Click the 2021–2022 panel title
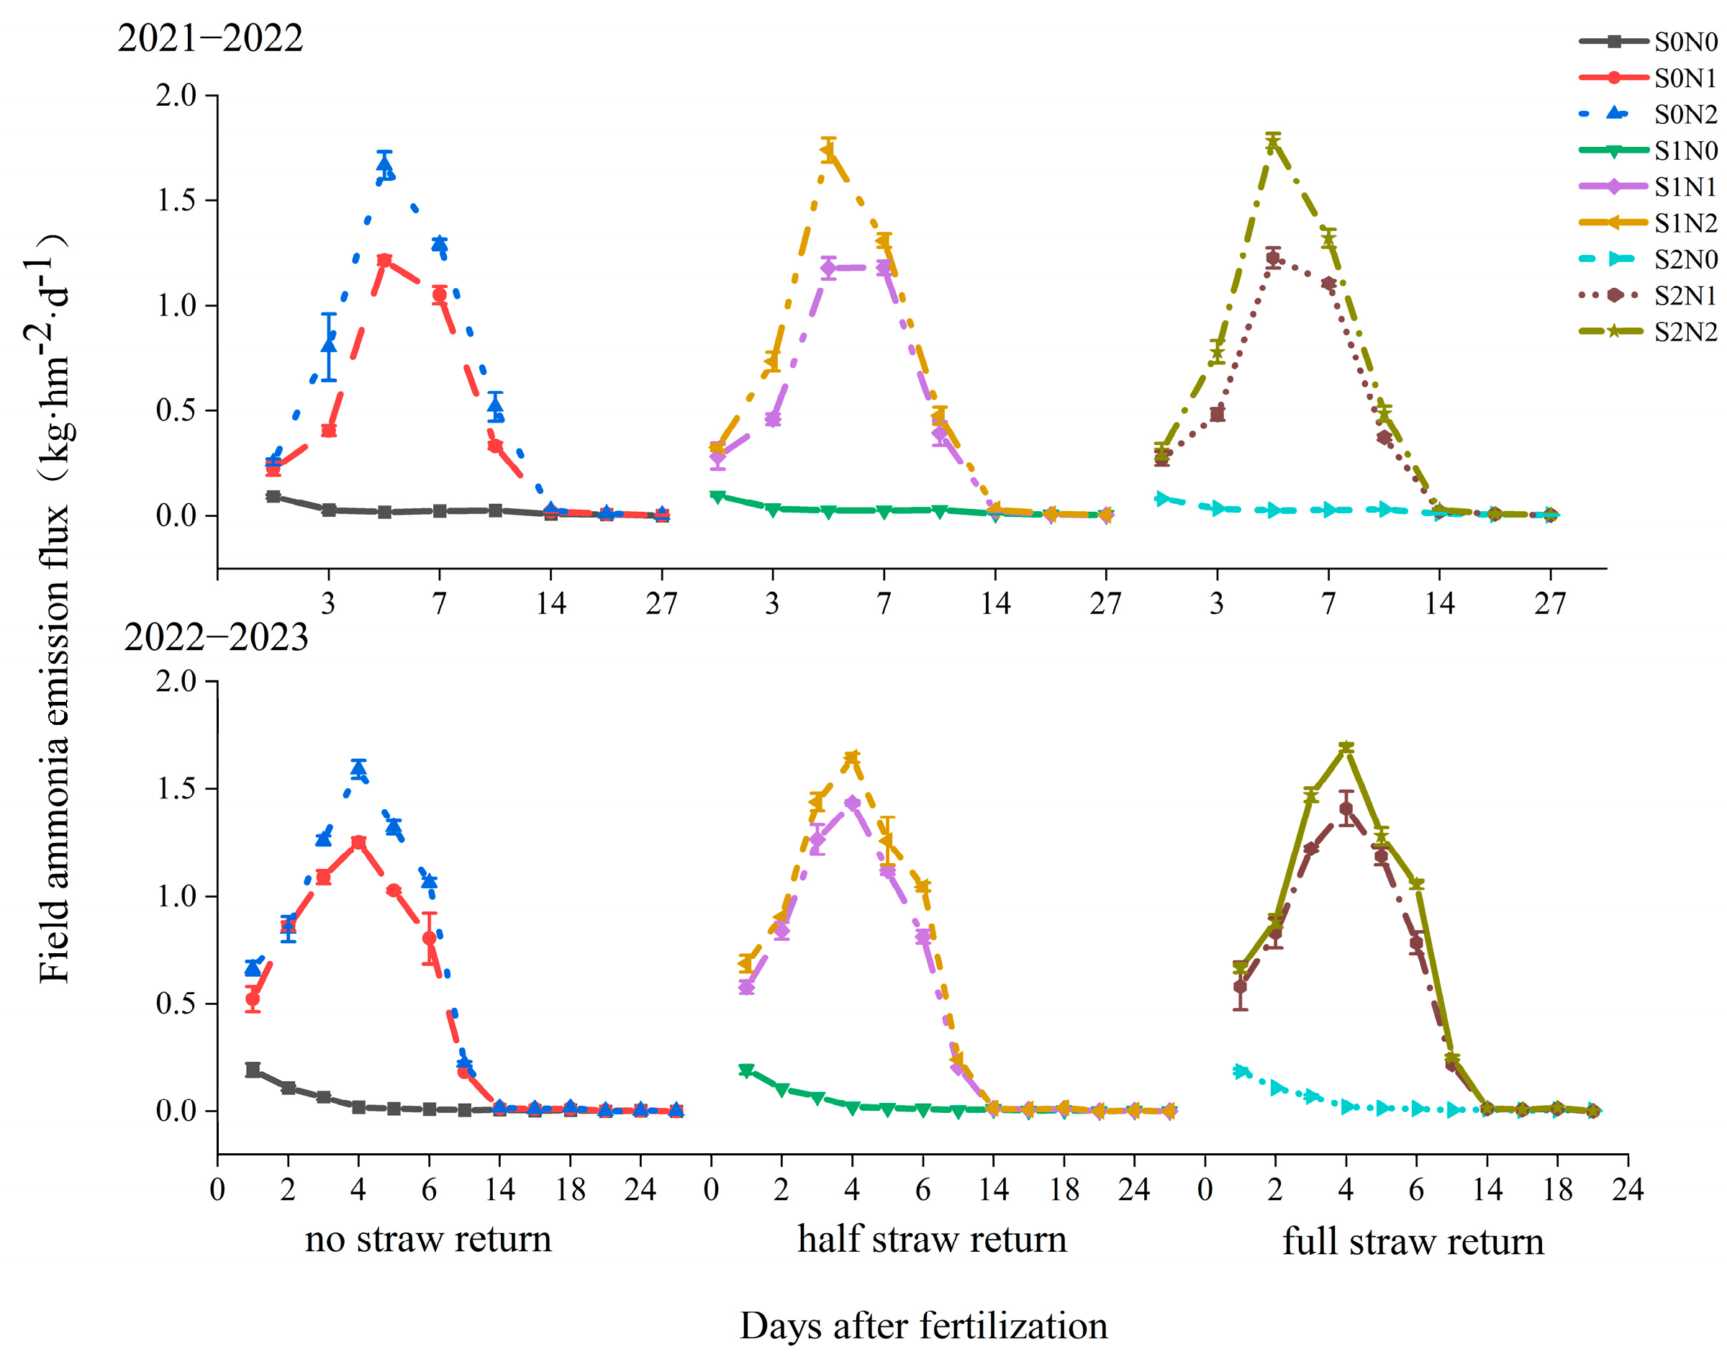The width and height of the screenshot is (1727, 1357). point(209,38)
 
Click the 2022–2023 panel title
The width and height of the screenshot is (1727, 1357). point(215,636)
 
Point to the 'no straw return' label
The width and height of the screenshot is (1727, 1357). point(427,1239)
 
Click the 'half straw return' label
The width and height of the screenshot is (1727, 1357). point(931,1239)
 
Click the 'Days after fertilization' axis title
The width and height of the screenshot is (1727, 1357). point(923,1325)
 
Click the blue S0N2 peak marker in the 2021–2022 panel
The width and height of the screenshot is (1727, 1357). point(384,167)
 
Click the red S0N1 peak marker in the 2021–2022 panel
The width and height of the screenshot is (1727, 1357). point(384,261)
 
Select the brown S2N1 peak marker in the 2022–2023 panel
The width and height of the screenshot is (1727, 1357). point(1345,808)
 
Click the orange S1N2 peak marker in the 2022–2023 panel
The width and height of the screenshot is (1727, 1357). point(851,757)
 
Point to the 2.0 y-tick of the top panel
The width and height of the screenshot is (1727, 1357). point(176,95)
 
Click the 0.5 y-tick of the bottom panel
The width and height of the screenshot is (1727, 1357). point(176,1003)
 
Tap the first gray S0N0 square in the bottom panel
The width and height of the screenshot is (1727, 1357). point(253,1069)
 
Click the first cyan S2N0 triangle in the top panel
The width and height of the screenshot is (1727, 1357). point(1161,499)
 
